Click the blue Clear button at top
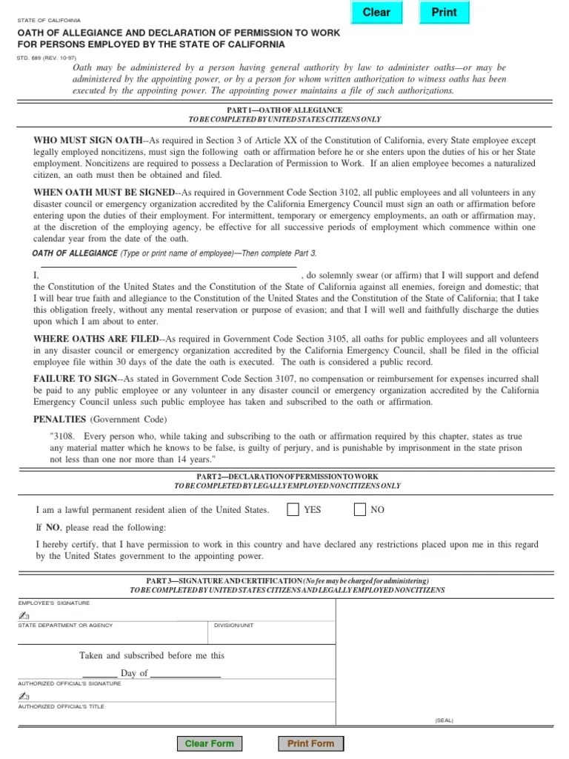(x=376, y=13)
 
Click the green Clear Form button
(x=209, y=743)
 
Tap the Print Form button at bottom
(x=310, y=743)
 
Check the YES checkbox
(x=293, y=510)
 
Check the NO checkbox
(x=360, y=510)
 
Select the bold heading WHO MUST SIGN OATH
(x=87, y=140)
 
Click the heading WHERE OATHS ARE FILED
(x=96, y=339)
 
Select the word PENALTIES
(x=60, y=419)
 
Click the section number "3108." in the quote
(x=61, y=437)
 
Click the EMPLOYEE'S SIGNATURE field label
(x=54, y=603)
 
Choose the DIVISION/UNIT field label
(x=233, y=626)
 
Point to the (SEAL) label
(x=445, y=720)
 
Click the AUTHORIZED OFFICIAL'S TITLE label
(x=61, y=707)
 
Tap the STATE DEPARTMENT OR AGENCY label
(x=65, y=626)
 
